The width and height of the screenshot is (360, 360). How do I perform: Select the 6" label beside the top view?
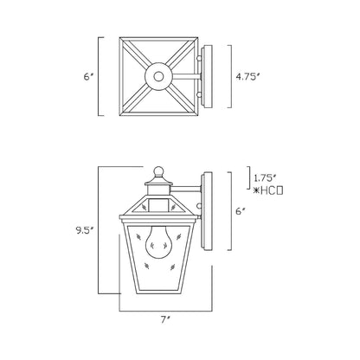pyautogui.click(x=87, y=75)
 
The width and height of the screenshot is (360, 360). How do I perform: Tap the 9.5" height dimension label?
pyautogui.click(x=85, y=231)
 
